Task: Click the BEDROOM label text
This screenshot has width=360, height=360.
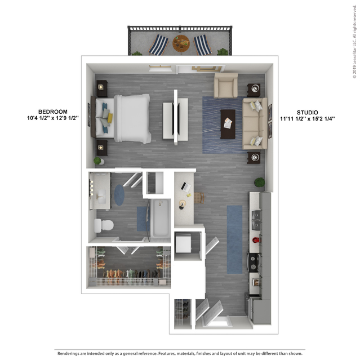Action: click(x=53, y=112)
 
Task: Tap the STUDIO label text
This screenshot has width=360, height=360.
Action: click(x=308, y=113)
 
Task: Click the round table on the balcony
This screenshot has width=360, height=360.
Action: click(x=181, y=43)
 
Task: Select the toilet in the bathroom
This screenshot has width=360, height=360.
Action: click(x=104, y=225)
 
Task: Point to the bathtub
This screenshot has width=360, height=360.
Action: click(x=161, y=218)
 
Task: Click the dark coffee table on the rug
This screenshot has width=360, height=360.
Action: click(x=228, y=124)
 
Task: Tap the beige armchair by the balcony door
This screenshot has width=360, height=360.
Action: click(x=226, y=86)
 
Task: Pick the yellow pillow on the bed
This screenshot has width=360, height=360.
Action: click(x=110, y=118)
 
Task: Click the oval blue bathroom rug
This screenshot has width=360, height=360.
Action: click(x=119, y=195)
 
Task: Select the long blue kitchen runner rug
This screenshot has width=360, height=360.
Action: click(x=234, y=239)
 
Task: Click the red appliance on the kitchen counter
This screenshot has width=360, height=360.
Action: click(x=256, y=240)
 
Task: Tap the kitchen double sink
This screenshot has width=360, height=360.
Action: click(x=256, y=220)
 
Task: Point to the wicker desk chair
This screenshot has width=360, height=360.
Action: click(x=199, y=198)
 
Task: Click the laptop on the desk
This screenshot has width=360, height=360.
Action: click(x=186, y=187)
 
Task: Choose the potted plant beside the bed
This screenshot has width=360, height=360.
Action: click(x=99, y=161)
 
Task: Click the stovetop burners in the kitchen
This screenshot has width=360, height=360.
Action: click(x=253, y=263)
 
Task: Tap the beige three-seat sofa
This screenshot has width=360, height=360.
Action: click(x=255, y=123)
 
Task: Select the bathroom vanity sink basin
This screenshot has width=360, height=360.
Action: click(x=101, y=197)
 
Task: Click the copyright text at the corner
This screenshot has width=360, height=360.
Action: click(x=355, y=42)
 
